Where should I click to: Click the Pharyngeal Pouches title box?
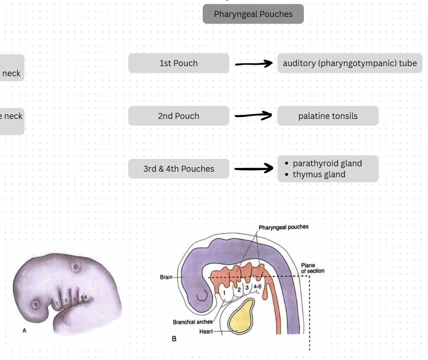(x=253, y=14)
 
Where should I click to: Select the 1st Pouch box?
(x=178, y=63)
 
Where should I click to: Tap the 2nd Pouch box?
(x=178, y=116)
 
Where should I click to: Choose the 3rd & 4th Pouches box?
(x=178, y=169)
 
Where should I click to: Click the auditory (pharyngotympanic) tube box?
(x=349, y=63)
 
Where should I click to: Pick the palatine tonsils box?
(x=327, y=116)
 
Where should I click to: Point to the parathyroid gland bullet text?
(x=327, y=163)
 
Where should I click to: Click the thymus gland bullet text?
(x=319, y=174)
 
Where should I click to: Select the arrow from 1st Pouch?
(x=253, y=64)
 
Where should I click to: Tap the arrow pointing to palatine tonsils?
(x=253, y=116)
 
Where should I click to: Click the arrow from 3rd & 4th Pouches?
(x=253, y=169)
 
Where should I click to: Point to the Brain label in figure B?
(x=166, y=277)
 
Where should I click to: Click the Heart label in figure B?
(x=206, y=332)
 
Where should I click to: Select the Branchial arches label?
(x=193, y=322)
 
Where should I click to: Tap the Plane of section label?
(x=312, y=268)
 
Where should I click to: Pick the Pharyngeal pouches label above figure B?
(x=283, y=227)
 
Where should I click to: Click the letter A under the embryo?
(x=24, y=330)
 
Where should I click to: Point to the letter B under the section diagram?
(x=174, y=339)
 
